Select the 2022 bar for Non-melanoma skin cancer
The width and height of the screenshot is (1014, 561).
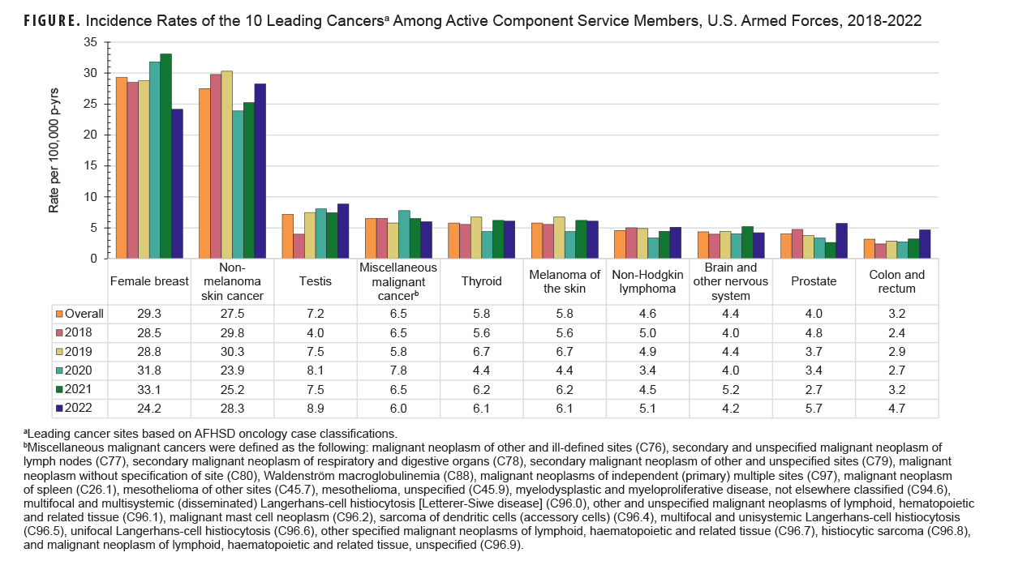[260, 171]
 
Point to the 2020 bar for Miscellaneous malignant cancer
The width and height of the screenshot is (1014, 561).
[404, 234]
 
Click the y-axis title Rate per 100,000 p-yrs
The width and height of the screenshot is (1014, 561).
[54, 151]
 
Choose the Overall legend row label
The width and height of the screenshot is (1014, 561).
[84, 314]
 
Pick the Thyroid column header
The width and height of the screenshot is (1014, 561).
[481, 281]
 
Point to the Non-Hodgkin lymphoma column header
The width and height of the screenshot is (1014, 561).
[647, 281]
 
